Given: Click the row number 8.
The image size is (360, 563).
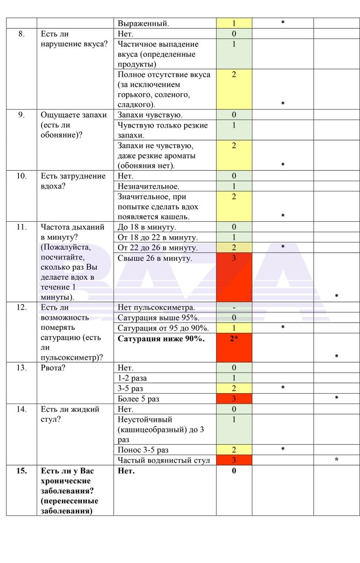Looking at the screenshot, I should pyautogui.click(x=21, y=33).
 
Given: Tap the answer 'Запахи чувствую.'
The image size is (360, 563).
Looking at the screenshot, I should pyautogui.click(x=150, y=115).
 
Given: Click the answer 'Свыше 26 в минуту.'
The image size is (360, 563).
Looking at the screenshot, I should pyautogui.click(x=155, y=258).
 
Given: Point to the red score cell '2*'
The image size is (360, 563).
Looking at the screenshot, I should pyautogui.click(x=233, y=339).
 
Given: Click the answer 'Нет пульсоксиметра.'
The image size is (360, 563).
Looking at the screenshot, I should pyautogui.click(x=156, y=308).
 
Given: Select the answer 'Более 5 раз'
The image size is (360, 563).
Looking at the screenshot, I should pyautogui.click(x=138, y=399).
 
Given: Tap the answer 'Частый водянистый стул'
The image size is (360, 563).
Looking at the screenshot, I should pyautogui.click(x=164, y=460).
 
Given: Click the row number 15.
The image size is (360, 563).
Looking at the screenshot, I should pyautogui.click(x=21, y=470).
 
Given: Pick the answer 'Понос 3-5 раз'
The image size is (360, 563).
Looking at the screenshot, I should pyautogui.click(x=143, y=450).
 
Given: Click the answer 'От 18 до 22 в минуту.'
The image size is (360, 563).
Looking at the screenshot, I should pyautogui.click(x=158, y=237).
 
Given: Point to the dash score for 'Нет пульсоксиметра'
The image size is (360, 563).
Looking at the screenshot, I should pyautogui.click(x=233, y=308).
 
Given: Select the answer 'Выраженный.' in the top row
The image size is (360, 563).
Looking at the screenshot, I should pyautogui.click(x=143, y=23).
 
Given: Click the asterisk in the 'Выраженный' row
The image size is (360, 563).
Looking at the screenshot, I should pyautogui.click(x=282, y=23).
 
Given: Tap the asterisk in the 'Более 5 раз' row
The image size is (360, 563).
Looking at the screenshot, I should pyautogui.click(x=336, y=399).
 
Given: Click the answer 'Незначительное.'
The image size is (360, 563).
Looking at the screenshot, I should pyautogui.click(x=149, y=186).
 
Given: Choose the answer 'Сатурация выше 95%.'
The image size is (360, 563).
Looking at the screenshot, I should pyautogui.click(x=158, y=318).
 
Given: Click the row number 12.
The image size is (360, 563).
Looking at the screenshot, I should pyautogui.click(x=21, y=308).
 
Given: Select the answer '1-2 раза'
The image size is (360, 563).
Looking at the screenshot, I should pyautogui.click(x=133, y=378).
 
